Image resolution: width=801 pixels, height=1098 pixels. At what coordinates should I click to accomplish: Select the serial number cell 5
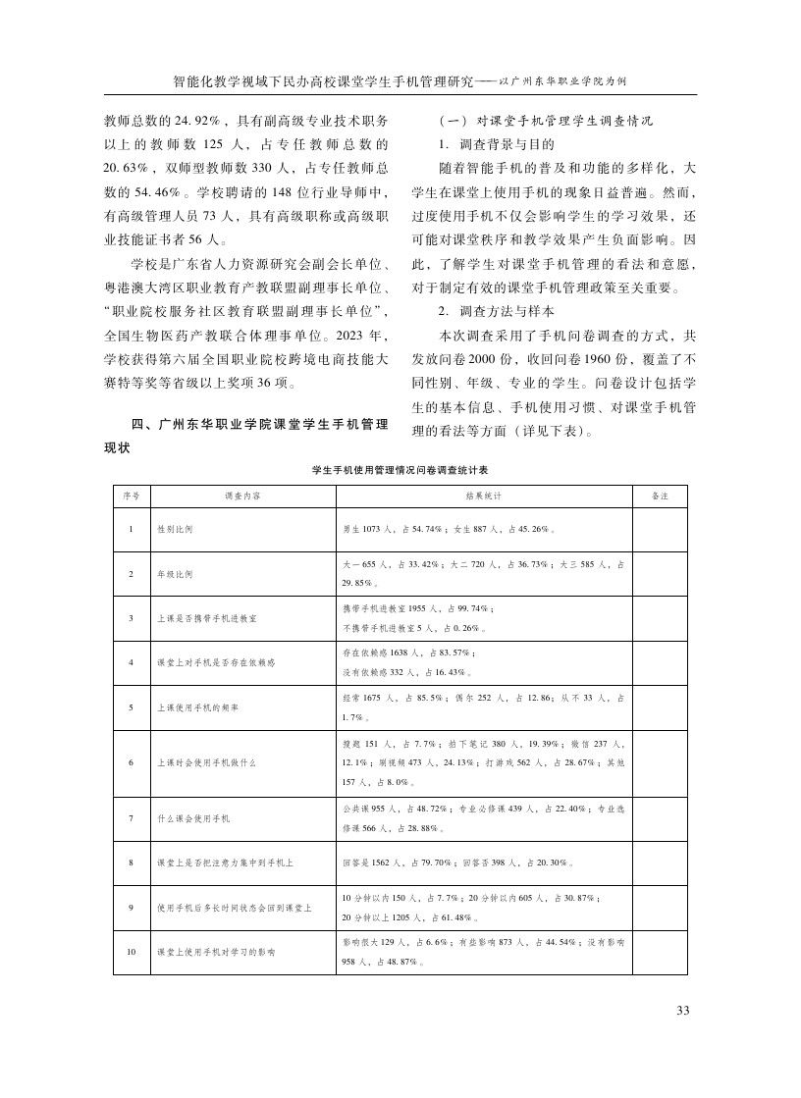click(x=130, y=706)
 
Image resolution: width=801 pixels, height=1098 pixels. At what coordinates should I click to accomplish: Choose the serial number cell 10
click(x=130, y=952)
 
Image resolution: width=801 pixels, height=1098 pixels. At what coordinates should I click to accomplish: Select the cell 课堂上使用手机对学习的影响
click(x=216, y=952)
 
